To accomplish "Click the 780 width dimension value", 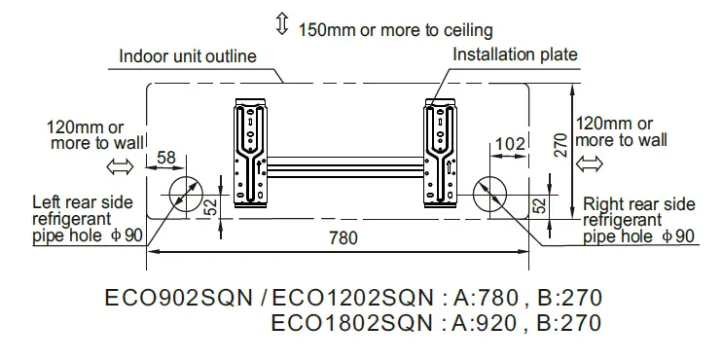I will click(342, 237).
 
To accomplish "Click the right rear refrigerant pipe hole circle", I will click(491, 195).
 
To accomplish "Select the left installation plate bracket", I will click(252, 153).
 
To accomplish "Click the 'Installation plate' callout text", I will click(515, 54).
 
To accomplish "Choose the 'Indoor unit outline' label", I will click(188, 55).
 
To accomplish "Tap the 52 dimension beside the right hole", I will click(537, 207).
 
